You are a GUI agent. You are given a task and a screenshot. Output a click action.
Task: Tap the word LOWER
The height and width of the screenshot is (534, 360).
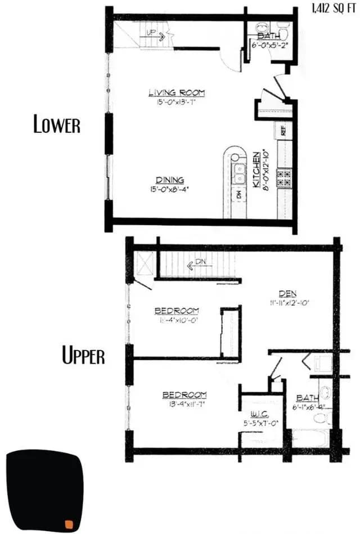coord(57,124)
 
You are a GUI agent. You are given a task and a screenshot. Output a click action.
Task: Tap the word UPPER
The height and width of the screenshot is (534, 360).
coord(83,356)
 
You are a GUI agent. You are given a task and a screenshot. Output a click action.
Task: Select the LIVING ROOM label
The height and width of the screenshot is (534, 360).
coord(177,92)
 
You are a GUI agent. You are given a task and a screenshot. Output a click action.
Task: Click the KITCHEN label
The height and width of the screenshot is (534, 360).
coord(256,169)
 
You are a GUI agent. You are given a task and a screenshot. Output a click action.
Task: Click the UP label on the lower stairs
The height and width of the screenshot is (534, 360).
coord(151,33)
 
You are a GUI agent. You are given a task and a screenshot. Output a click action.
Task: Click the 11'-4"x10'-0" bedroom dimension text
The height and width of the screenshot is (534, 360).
coord(176,320)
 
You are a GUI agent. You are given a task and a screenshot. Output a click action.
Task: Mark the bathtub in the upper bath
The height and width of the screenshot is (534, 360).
coord(309,438)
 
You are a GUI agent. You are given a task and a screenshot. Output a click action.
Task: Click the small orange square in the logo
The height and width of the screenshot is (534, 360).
coord(69,524)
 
